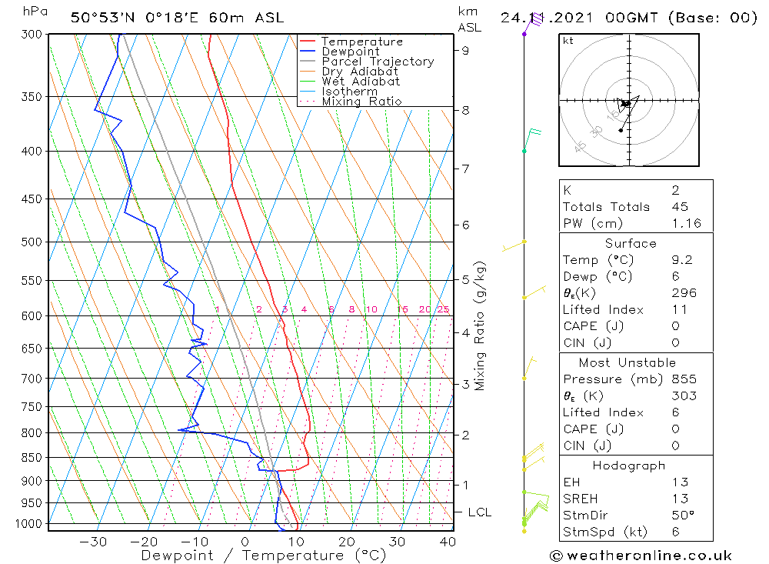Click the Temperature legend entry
pyautogui.click(x=361, y=42)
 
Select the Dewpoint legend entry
pyautogui.click(x=350, y=52)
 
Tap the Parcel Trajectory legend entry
pyautogui.click(x=378, y=62)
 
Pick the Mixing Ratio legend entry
pyautogui.click(x=361, y=102)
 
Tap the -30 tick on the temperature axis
pyautogui.click(x=93, y=542)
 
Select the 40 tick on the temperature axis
pyautogui.click(x=447, y=542)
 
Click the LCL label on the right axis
pyautogui.click(x=479, y=512)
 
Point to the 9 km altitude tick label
pyautogui.click(x=465, y=51)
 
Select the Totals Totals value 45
pyautogui.click(x=679, y=206)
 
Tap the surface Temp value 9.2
pyautogui.click(x=681, y=260)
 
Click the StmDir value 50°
pyautogui.click(x=683, y=515)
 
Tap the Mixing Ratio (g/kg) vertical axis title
pyautogui.click(x=481, y=325)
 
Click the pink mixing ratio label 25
pyautogui.click(x=443, y=309)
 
